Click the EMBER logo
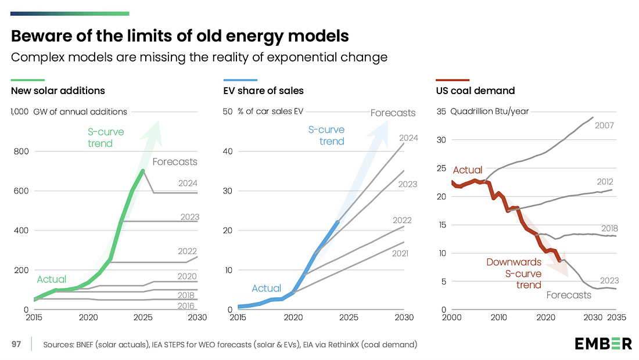[x=603, y=344]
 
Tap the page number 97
[x=17, y=345]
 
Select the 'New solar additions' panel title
[x=58, y=91]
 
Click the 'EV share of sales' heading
[x=263, y=91]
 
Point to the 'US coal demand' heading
[x=475, y=91]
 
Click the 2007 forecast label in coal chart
[x=605, y=125]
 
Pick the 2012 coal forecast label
[x=605, y=182]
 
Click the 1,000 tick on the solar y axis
[x=20, y=111]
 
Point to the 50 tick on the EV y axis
[x=228, y=111]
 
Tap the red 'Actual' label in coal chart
[x=468, y=170]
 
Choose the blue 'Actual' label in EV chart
[x=267, y=288]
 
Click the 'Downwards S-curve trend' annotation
[x=514, y=273]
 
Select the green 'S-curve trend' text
[x=106, y=138]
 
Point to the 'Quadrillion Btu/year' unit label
[x=490, y=111]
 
